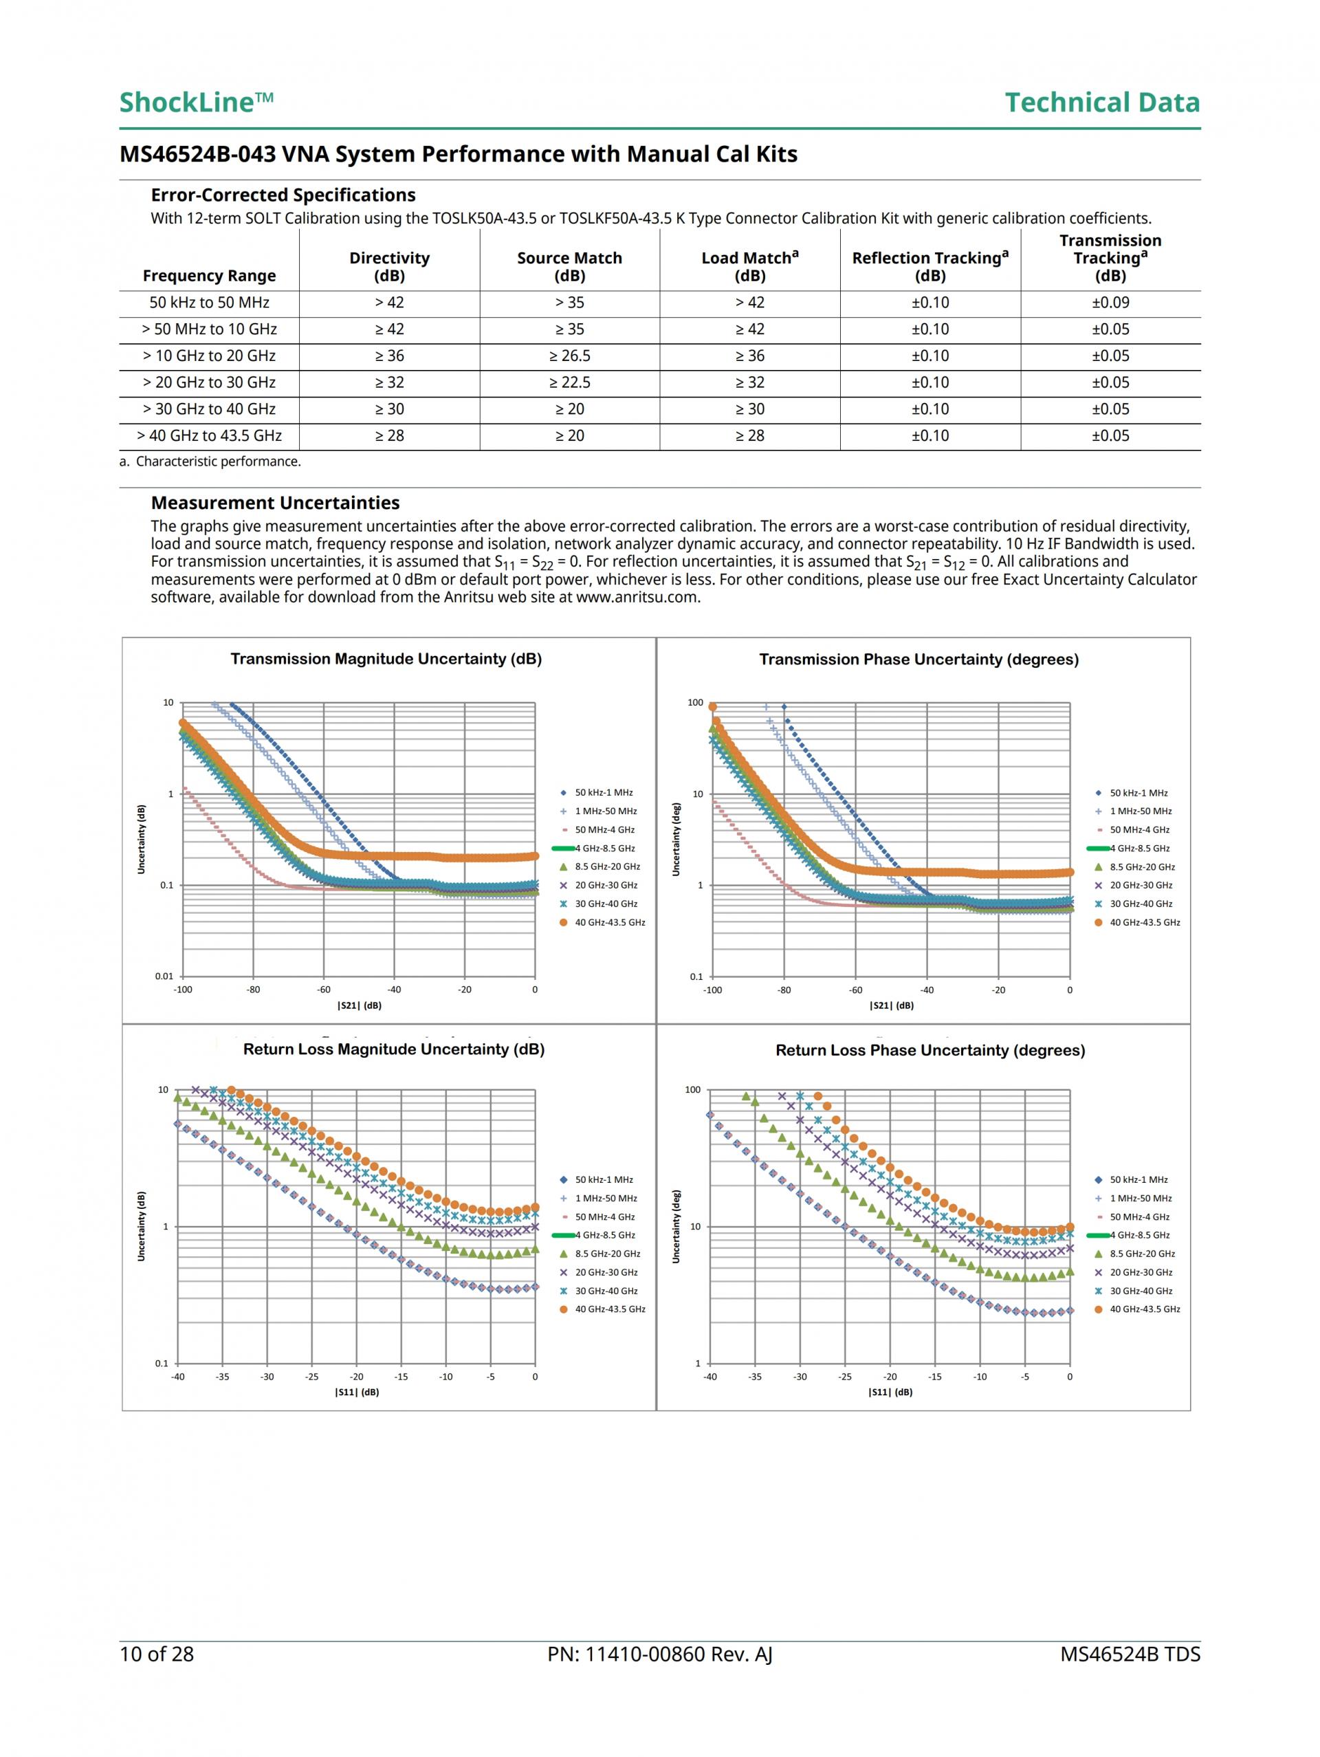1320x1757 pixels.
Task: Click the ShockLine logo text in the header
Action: coord(196,102)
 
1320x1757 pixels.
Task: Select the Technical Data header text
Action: coord(1101,102)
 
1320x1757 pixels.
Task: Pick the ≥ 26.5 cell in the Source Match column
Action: coord(569,356)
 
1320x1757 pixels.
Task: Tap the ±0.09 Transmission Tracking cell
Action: coord(1110,303)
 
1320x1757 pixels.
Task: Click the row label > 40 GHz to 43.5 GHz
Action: coord(209,435)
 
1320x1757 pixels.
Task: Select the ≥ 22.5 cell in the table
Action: coord(569,382)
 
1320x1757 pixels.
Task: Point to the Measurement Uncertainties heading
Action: coord(275,503)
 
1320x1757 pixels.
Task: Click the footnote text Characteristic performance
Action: coord(218,461)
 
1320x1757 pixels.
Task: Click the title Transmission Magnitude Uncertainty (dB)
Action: coord(386,659)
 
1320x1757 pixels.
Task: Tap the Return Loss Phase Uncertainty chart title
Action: coord(930,1050)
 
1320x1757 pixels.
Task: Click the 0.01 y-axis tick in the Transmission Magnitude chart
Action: coord(164,976)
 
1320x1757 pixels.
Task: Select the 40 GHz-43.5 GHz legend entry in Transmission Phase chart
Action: coord(1145,922)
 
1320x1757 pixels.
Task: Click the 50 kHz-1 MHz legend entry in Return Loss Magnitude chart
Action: coord(604,1179)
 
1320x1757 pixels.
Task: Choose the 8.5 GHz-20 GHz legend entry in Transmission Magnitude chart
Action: coord(607,866)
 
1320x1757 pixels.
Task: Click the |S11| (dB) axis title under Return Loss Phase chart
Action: coord(890,1392)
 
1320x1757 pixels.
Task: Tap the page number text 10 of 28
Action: coord(157,1654)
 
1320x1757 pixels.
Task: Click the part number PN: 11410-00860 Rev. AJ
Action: coord(659,1654)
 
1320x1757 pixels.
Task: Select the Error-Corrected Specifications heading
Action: coord(283,195)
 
